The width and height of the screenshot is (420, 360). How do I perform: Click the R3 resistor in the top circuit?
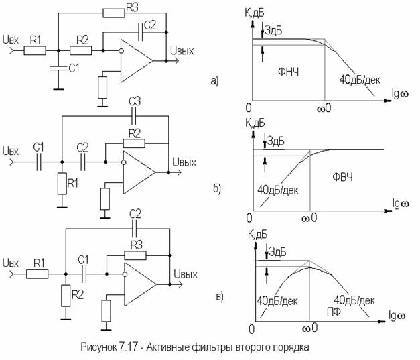point(114,13)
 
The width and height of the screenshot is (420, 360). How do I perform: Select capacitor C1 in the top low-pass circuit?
point(58,68)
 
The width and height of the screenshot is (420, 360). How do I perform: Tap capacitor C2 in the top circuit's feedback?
point(141,32)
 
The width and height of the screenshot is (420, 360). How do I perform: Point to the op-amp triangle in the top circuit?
point(137,61)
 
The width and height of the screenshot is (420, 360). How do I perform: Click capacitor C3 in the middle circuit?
point(134,117)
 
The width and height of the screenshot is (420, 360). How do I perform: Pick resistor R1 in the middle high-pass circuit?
point(62,184)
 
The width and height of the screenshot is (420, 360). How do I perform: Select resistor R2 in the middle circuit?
point(134,143)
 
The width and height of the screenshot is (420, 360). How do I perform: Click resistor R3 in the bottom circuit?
point(135,255)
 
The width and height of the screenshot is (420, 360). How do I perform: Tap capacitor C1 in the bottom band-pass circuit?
point(84,274)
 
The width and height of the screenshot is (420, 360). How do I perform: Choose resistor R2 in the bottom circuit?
point(66,296)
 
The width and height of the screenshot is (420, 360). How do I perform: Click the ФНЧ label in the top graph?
point(288,72)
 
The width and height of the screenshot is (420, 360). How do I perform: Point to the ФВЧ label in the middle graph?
point(342,177)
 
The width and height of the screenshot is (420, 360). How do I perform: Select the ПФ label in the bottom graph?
point(334,312)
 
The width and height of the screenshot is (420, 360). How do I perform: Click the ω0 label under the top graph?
point(324,108)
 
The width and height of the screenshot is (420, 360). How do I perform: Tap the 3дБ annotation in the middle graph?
point(276,141)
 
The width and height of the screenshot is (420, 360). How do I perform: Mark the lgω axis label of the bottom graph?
point(397,316)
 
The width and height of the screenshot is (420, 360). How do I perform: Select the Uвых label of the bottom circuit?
point(186,274)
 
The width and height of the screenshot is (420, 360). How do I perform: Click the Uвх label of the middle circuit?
point(11,151)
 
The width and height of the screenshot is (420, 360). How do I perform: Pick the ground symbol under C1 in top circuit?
point(58,88)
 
